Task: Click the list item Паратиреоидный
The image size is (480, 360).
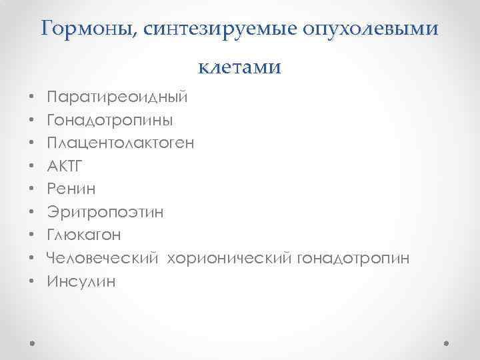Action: tap(117, 97)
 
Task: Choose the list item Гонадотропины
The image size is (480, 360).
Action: tap(110, 120)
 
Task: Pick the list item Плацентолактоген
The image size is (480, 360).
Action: tap(121, 143)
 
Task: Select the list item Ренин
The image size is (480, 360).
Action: tap(71, 189)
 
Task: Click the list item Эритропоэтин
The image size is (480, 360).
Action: tap(105, 213)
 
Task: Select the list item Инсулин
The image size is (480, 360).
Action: tap(81, 281)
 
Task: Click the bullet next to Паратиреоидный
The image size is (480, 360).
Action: tap(32, 98)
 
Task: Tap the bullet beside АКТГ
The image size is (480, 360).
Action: tap(32, 167)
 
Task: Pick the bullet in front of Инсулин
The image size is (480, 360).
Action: tap(32, 282)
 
